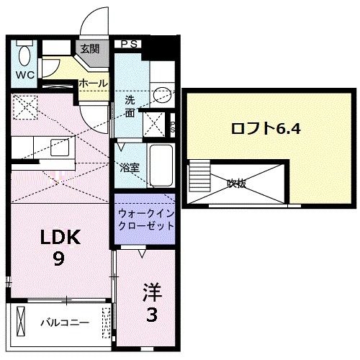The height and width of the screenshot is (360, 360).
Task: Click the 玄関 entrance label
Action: pos(89,49)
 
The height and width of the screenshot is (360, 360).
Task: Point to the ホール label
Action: pos(94,84)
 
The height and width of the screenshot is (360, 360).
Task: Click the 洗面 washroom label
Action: pos(129,107)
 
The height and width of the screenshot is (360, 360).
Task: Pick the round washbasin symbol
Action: pos(163,94)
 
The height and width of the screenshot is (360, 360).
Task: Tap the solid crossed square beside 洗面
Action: pos(153,123)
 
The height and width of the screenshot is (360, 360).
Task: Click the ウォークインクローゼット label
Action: pos(146,219)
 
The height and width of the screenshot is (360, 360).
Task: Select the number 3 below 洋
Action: pos(151,315)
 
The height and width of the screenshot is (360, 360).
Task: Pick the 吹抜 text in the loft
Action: pos(237,184)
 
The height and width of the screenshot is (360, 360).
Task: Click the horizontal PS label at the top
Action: pos(130,45)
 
